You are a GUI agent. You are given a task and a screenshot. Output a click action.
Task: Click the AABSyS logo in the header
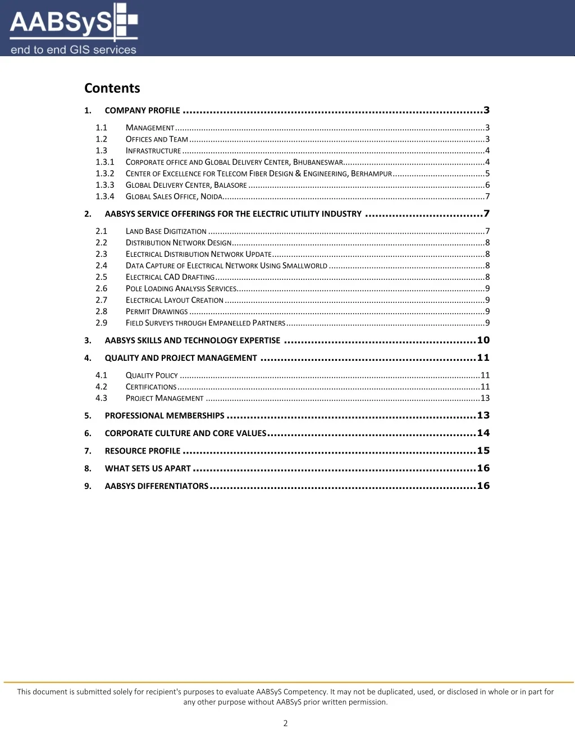tap(73, 29)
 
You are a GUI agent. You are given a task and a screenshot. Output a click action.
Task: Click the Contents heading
tap(112, 88)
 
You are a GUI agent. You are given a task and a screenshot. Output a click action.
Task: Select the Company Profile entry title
tap(142, 111)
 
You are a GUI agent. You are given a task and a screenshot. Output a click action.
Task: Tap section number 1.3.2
tap(104, 174)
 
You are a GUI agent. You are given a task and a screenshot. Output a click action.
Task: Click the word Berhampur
tap(371, 174)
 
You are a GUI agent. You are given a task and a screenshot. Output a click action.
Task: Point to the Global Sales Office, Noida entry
tap(174, 197)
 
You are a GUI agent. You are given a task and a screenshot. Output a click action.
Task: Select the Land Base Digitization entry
tap(166, 232)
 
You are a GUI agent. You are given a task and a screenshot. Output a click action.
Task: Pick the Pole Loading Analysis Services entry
tap(181, 289)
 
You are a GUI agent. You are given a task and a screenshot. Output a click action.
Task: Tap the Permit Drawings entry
tap(157, 312)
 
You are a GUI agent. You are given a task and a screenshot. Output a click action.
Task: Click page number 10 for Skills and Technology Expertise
tap(483, 340)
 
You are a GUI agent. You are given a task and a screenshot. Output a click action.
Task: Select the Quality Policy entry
tap(152, 375)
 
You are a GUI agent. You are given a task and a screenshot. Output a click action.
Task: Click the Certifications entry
tap(151, 387)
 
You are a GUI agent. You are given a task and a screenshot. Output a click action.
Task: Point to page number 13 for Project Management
tap(485, 398)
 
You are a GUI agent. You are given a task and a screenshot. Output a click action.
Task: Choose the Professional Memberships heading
tap(165, 416)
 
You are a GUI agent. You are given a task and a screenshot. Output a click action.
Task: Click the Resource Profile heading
tap(143, 451)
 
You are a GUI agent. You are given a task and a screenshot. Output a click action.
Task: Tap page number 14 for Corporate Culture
tap(483, 433)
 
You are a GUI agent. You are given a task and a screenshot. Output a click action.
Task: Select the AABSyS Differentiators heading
tap(156, 486)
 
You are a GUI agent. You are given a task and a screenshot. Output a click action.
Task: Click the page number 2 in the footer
tap(285, 723)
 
